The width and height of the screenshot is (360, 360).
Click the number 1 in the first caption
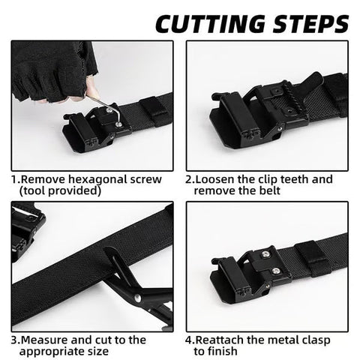(x=14, y=180)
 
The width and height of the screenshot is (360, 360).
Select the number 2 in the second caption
(x=190, y=180)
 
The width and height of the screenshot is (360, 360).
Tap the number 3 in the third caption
(x=14, y=338)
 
